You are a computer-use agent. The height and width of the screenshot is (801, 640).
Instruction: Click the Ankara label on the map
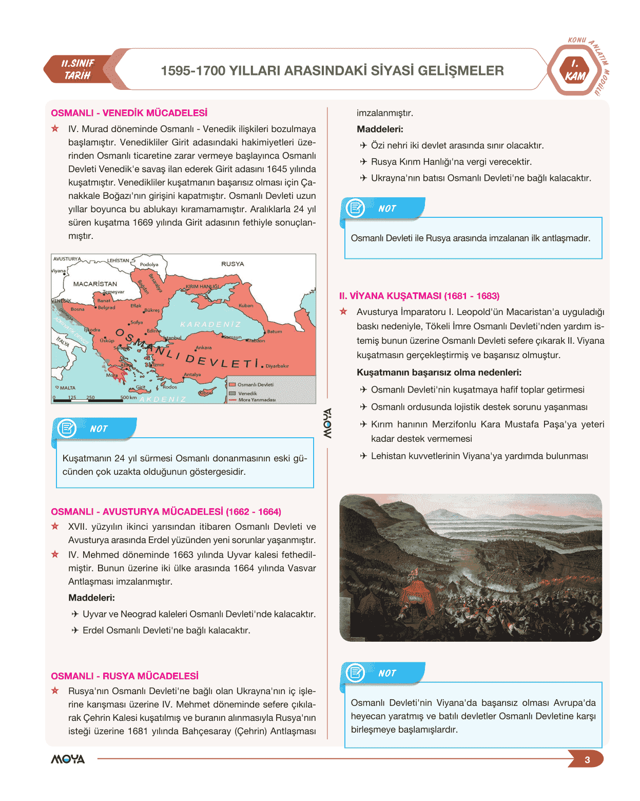point(204,348)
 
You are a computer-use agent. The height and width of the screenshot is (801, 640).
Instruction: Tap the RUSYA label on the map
point(232,264)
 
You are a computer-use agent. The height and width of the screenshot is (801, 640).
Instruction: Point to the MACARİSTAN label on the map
point(95,284)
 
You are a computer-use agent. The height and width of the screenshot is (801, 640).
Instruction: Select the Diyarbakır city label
point(277,366)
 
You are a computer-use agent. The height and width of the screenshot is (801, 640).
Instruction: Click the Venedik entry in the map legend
point(247,394)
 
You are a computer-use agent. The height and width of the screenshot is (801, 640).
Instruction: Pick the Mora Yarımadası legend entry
point(256,400)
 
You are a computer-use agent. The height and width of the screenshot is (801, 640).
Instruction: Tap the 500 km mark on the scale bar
point(128,398)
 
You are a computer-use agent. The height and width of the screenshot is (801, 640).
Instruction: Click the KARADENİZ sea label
point(210,325)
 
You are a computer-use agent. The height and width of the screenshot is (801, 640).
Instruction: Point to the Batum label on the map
point(274,331)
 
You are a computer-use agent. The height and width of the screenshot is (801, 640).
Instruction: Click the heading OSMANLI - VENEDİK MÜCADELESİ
point(129,113)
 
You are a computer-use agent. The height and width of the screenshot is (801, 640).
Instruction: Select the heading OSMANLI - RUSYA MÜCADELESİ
point(124,676)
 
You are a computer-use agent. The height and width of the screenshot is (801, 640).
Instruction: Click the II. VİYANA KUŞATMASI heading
point(419,296)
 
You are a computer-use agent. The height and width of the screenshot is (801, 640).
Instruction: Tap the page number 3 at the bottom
point(587,760)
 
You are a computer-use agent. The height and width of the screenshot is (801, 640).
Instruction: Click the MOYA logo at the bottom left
point(68,759)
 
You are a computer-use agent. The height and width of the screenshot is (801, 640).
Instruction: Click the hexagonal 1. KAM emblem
point(575,70)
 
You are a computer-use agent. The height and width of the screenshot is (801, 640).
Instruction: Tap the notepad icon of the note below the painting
point(355,673)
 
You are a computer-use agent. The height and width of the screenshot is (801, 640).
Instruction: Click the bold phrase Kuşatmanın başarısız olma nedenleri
point(439,372)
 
